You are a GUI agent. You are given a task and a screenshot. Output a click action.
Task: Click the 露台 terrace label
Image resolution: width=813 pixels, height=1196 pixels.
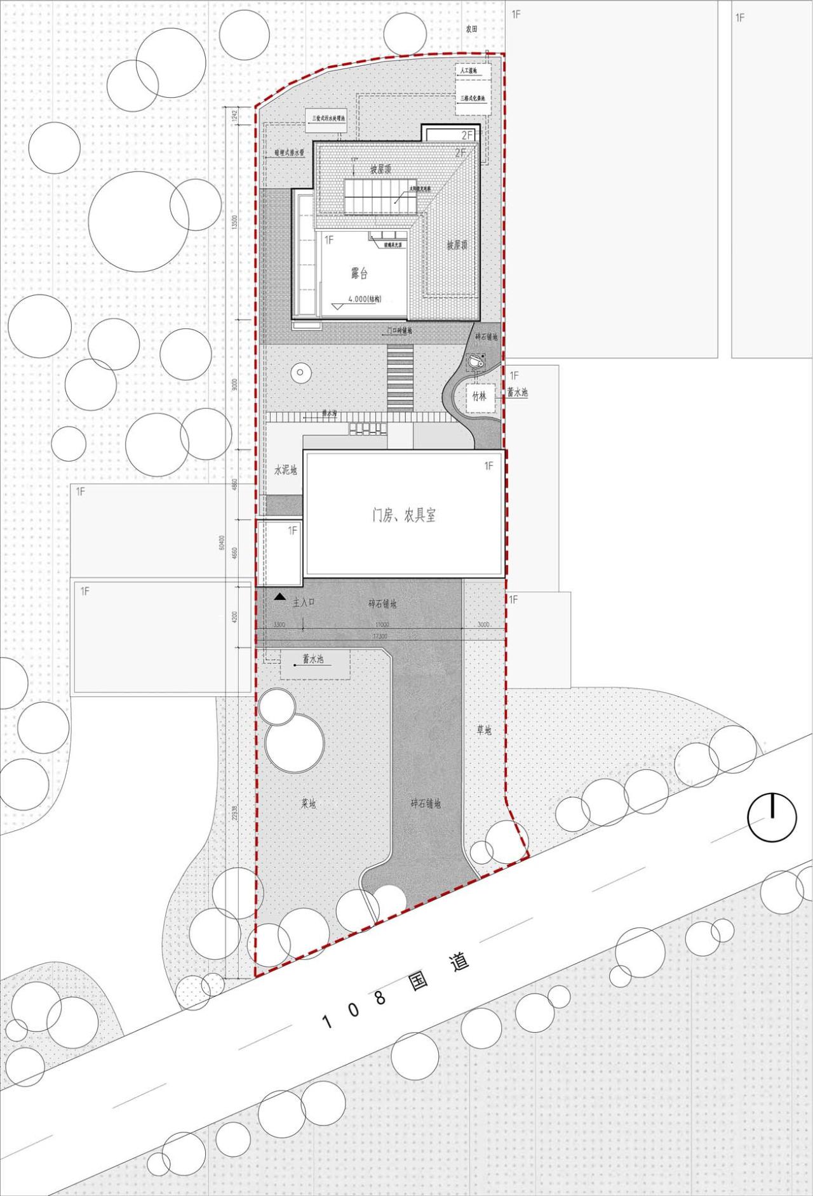pyautogui.click(x=359, y=274)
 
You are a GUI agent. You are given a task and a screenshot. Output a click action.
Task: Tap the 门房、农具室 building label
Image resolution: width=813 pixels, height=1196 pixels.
pyautogui.click(x=404, y=515)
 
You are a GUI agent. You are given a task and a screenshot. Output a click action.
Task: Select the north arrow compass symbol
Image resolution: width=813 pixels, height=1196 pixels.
pyautogui.click(x=772, y=818)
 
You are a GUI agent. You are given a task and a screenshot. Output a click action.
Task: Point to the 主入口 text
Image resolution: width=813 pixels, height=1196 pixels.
pyautogui.click(x=304, y=602)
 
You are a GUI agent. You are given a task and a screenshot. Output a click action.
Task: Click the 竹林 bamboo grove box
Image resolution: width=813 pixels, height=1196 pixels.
pyautogui.click(x=479, y=397)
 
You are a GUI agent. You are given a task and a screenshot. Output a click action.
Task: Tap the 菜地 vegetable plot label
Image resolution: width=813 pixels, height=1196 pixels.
pyautogui.click(x=308, y=804)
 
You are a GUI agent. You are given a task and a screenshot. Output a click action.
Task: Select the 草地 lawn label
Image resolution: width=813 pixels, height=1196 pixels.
pyautogui.click(x=484, y=730)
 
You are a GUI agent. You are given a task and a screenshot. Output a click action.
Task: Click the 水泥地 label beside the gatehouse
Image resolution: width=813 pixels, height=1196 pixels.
pyautogui.click(x=285, y=470)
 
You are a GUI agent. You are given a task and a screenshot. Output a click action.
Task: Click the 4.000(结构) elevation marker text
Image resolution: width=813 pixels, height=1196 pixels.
pyautogui.click(x=367, y=300)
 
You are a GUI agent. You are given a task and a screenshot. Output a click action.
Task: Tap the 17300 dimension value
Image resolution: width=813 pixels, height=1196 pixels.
pyautogui.click(x=380, y=635)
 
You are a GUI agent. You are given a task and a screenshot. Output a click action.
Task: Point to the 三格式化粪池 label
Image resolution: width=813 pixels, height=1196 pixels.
pyautogui.click(x=473, y=98)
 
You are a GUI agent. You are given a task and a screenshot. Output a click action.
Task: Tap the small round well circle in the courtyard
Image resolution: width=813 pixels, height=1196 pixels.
pyautogui.click(x=300, y=373)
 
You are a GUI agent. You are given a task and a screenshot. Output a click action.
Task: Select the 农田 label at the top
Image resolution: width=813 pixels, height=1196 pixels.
pyautogui.click(x=470, y=29)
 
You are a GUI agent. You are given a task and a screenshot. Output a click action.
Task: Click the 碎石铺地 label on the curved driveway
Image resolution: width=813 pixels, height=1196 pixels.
pyautogui.click(x=426, y=804)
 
